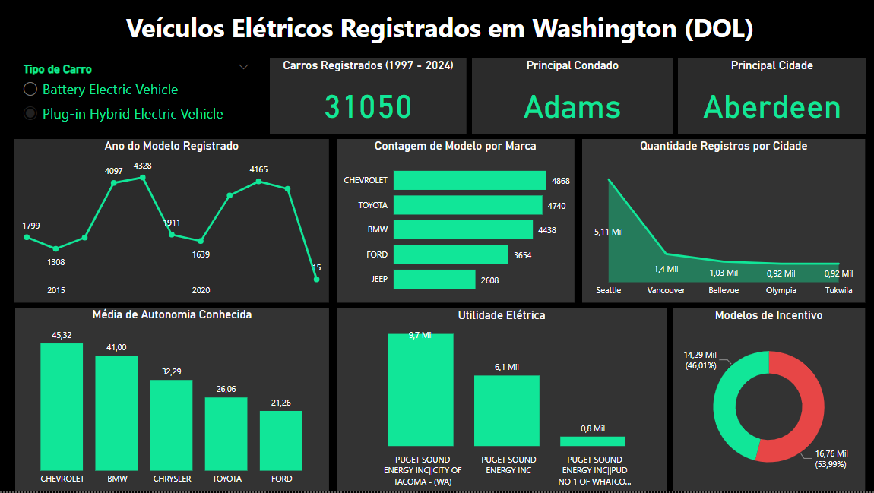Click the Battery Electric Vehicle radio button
point(30,90)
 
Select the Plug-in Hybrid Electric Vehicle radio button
point(30,114)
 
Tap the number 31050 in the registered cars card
point(368,107)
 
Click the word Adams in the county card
point(572,107)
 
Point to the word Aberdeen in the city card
point(772,107)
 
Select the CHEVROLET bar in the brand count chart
point(470,180)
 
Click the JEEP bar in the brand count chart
point(435,280)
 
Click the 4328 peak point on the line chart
point(142,177)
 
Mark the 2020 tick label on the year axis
point(201,290)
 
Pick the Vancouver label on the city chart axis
point(666,290)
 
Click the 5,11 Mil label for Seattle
point(608,232)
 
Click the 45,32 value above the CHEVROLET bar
point(62,336)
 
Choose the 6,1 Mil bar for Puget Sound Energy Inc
point(507,410)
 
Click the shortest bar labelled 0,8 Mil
point(593,441)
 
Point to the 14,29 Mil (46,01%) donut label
point(700,360)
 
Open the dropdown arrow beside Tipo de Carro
point(243,67)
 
